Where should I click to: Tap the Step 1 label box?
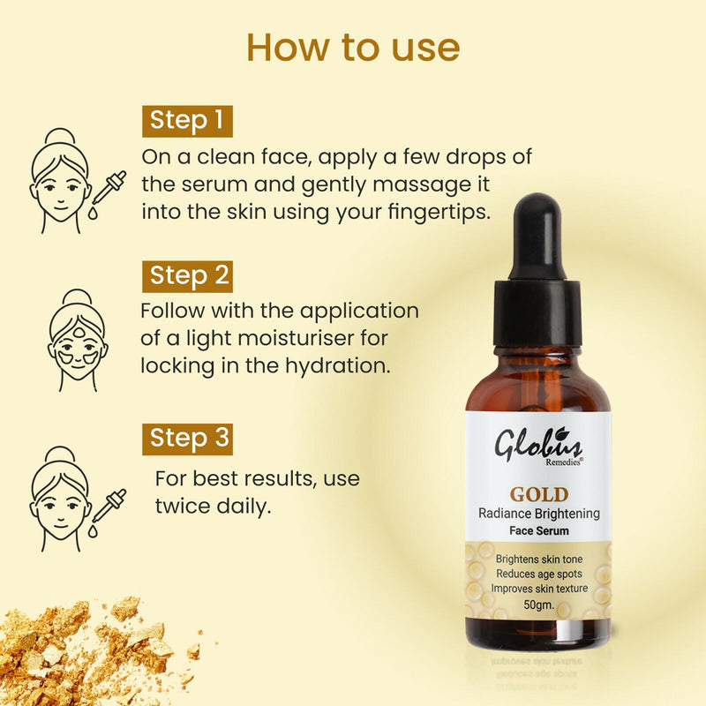(187, 120)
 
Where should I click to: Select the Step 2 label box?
(187, 275)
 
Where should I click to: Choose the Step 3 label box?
(187, 438)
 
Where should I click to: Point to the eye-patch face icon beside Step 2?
(78, 340)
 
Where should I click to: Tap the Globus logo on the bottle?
(537, 440)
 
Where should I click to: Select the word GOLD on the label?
(537, 494)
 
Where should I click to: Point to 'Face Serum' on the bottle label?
(537, 531)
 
